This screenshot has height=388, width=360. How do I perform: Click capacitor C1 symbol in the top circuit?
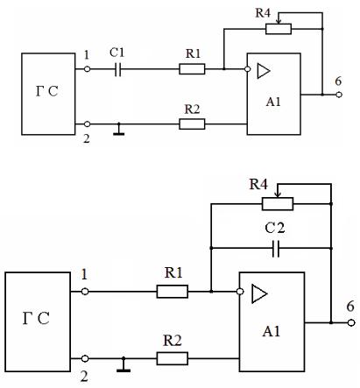(x=118, y=69)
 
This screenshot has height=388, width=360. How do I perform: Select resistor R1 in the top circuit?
(x=192, y=69)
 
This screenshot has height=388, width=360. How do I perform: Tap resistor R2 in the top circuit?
(x=192, y=124)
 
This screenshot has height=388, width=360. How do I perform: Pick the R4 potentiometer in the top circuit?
(x=279, y=29)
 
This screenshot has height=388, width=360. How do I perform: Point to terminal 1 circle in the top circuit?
(x=87, y=69)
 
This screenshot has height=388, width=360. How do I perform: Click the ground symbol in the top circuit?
(x=118, y=130)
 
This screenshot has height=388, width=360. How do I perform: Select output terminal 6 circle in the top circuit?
(x=339, y=95)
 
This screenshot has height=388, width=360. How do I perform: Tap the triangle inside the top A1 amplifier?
(x=263, y=71)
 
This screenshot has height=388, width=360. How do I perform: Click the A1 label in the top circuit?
(x=273, y=102)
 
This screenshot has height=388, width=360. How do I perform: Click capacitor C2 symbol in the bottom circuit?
(x=276, y=249)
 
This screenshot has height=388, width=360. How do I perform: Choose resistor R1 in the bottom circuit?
(x=173, y=292)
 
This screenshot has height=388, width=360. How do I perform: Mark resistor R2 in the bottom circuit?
(x=173, y=358)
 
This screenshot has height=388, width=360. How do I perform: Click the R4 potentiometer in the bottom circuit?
(x=278, y=204)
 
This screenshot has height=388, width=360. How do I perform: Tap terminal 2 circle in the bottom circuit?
(x=85, y=358)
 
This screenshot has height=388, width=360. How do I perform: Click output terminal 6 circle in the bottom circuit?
(x=351, y=322)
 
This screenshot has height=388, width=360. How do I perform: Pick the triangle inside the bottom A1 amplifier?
(x=259, y=293)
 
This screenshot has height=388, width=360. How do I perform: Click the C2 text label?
(x=275, y=228)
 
